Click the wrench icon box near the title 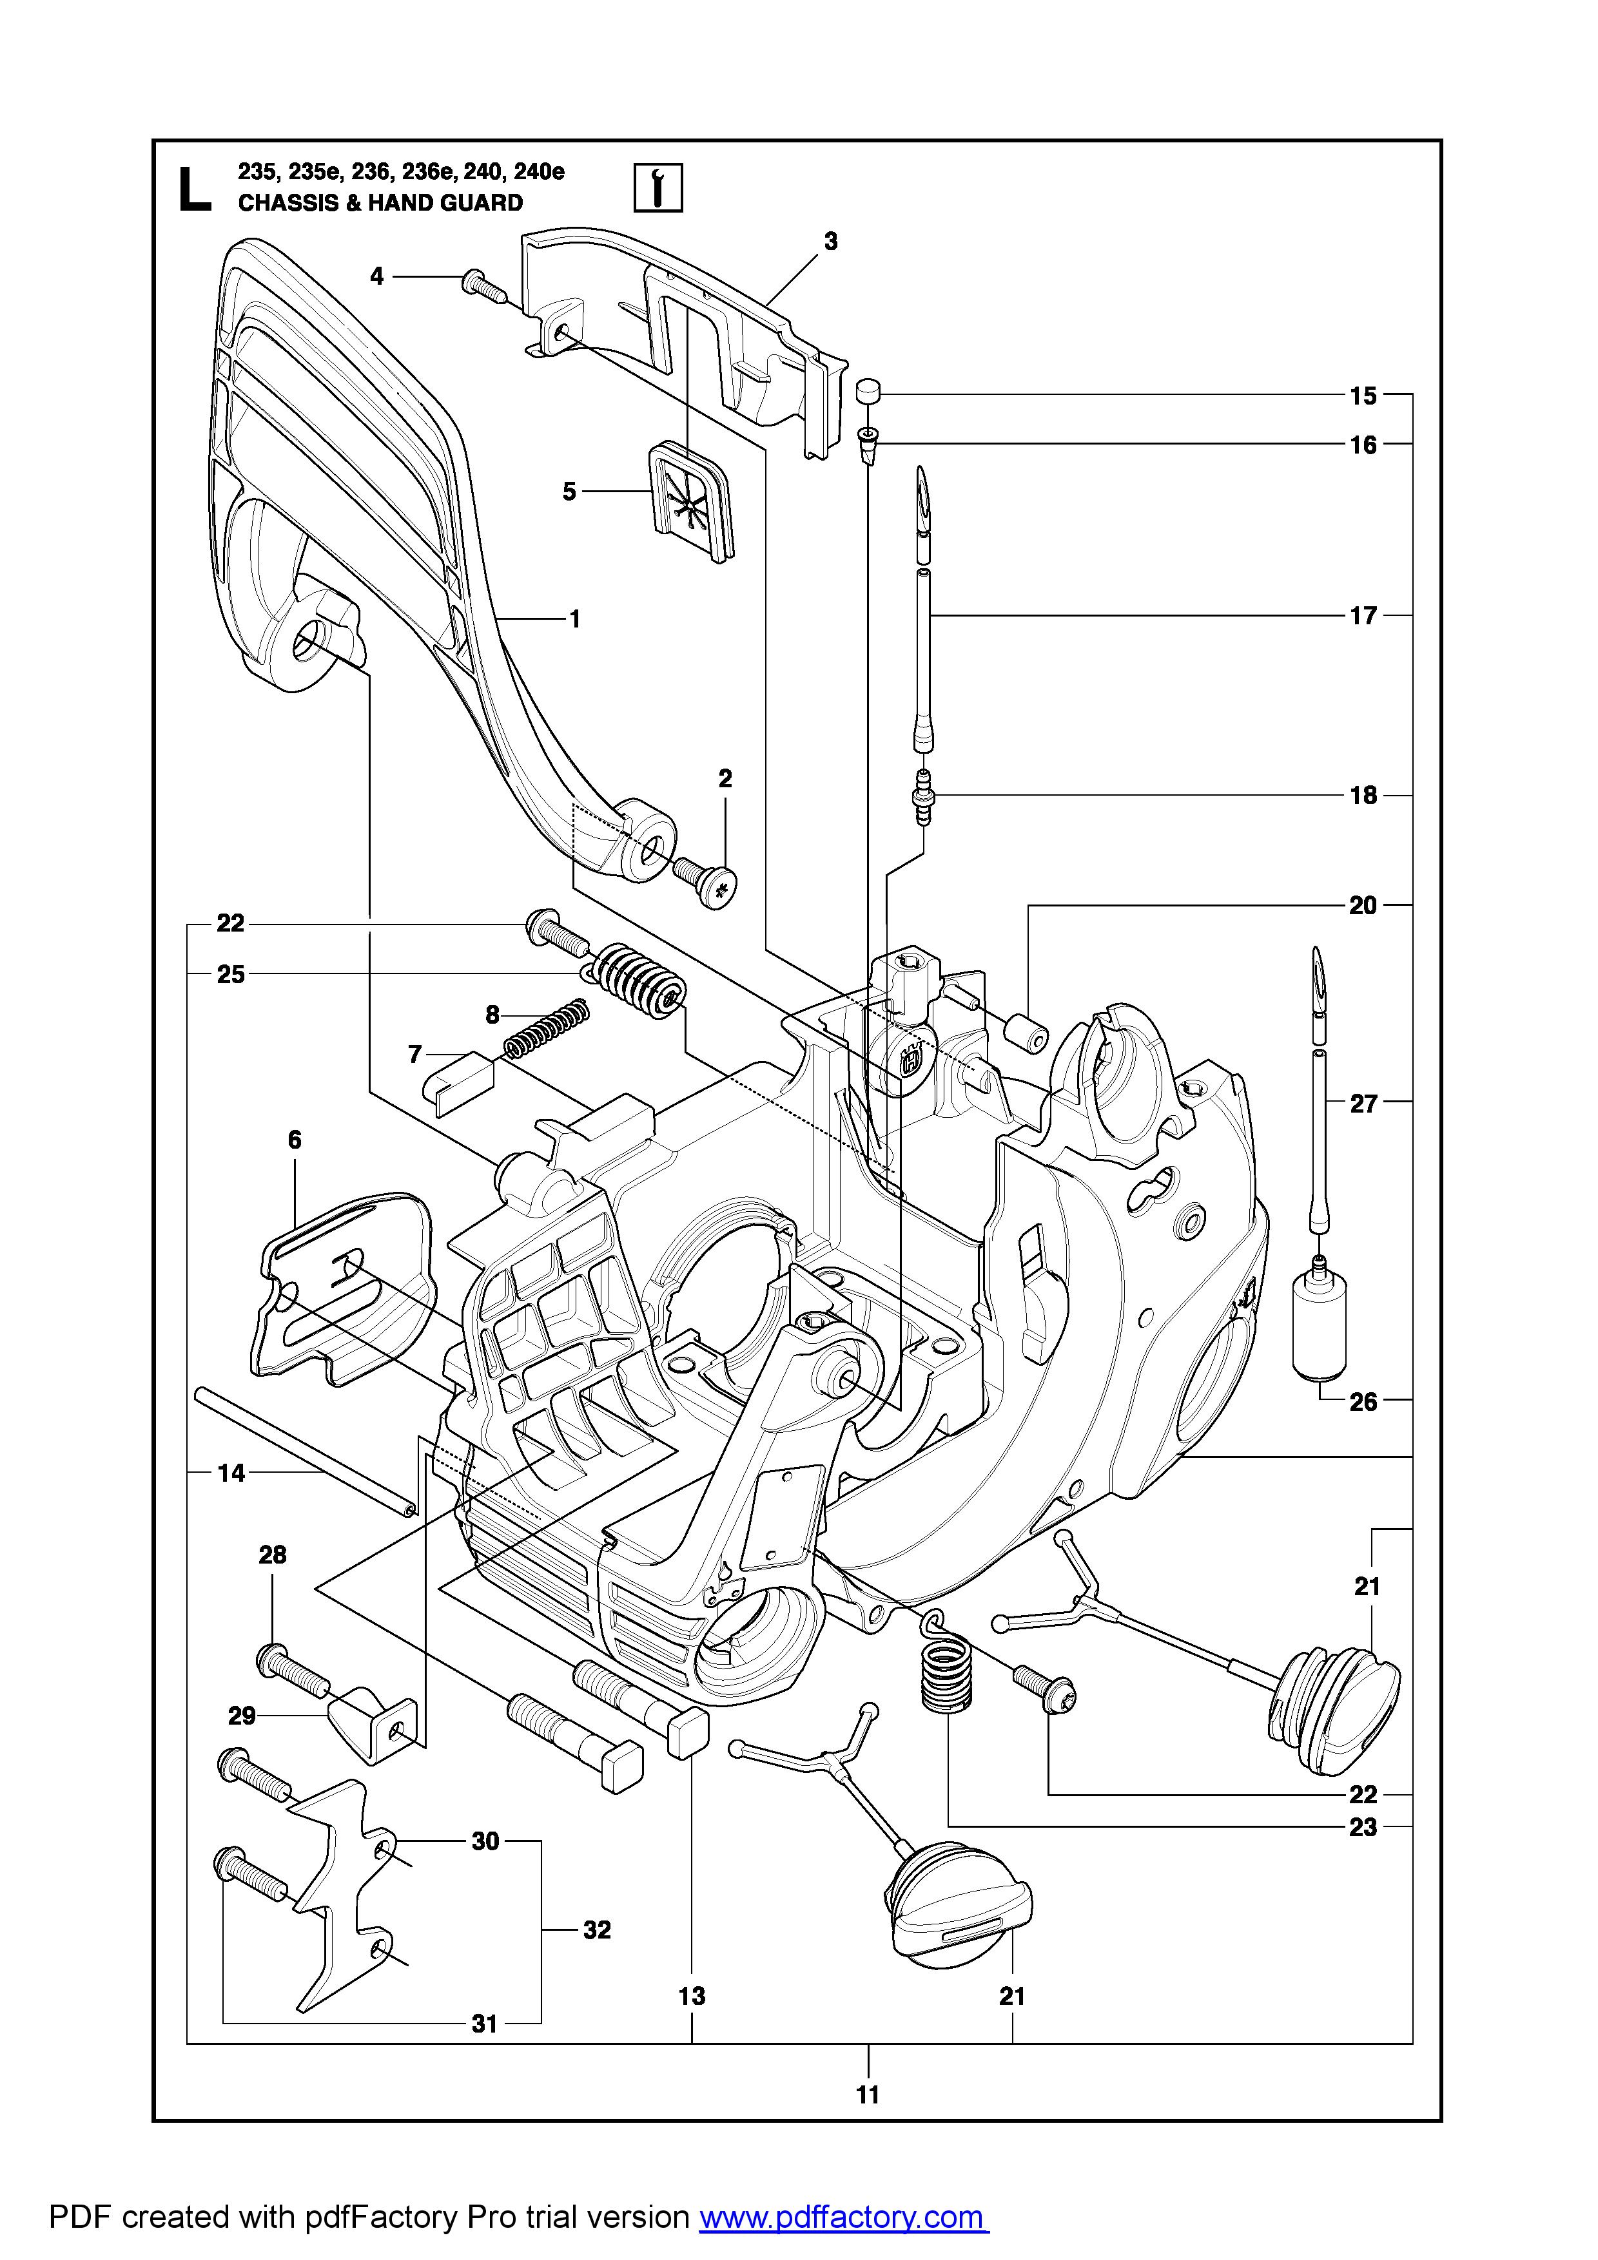[x=657, y=187]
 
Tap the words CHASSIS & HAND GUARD [x=380, y=204]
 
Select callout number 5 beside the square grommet [x=569, y=491]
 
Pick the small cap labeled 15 [x=866, y=391]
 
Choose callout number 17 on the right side [x=1363, y=616]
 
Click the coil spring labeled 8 [x=547, y=1027]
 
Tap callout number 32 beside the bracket [x=597, y=1930]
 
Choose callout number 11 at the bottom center [x=868, y=2094]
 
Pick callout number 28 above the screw [x=273, y=1555]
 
